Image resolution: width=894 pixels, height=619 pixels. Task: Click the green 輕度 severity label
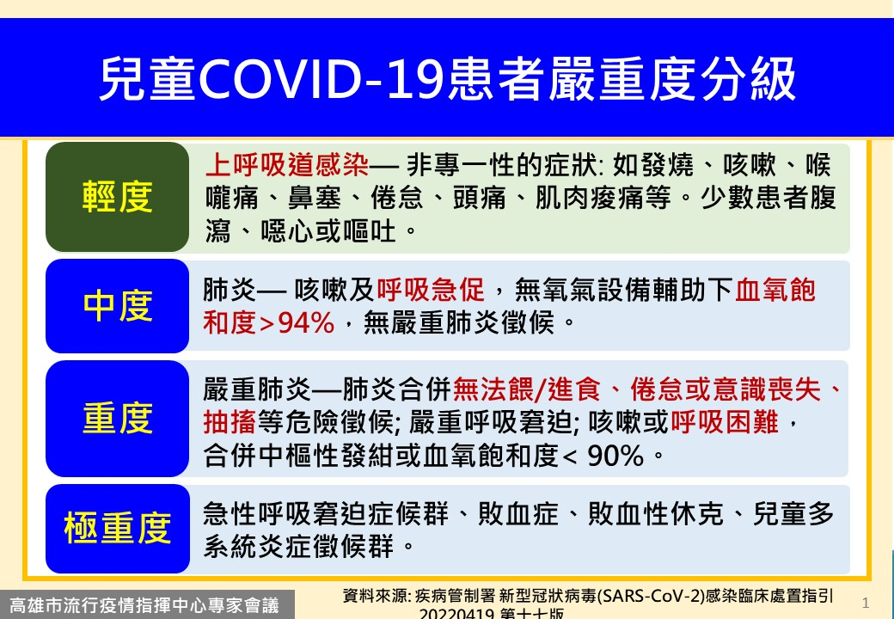tap(117, 197)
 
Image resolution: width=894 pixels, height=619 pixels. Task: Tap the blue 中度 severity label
tap(117, 306)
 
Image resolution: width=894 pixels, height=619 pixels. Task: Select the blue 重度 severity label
tap(117, 418)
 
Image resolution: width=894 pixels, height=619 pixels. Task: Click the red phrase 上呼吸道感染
tap(287, 165)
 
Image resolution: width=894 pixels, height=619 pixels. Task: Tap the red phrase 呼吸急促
tap(431, 290)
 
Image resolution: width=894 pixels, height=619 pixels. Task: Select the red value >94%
tap(297, 322)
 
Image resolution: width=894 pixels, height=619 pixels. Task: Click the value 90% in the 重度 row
tap(615, 456)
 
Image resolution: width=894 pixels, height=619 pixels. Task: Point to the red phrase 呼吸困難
tap(725, 422)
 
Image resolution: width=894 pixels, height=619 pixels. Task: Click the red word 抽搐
tap(230, 422)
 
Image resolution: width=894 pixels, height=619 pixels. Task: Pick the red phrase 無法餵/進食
tap(527, 389)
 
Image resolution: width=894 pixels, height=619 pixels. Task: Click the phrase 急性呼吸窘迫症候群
tap(326, 514)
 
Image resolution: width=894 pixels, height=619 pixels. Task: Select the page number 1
tap(866, 602)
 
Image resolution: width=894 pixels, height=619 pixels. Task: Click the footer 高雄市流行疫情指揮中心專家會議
tap(144, 604)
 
